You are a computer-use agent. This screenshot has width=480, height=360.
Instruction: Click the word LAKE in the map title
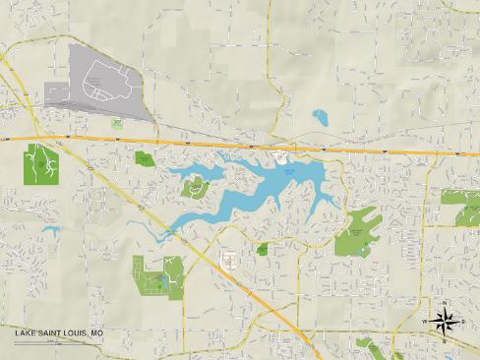[x=25, y=334]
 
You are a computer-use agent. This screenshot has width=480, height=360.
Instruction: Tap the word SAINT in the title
[x=49, y=334]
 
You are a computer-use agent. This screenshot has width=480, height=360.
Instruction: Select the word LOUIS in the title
[x=75, y=334]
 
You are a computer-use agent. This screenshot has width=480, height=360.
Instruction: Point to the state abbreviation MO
[x=96, y=334]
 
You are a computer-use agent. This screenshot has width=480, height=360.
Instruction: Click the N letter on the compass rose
[x=445, y=303]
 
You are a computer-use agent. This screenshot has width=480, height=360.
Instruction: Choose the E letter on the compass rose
[x=462, y=321]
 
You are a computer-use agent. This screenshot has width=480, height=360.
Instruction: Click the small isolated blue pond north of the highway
[x=320, y=118]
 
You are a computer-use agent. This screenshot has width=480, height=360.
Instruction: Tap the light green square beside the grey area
[x=117, y=124]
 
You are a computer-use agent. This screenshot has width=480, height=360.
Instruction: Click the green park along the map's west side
[x=39, y=164]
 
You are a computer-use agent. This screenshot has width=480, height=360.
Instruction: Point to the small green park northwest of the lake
[x=145, y=157]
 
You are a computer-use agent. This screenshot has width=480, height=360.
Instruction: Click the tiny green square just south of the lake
[x=263, y=249]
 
